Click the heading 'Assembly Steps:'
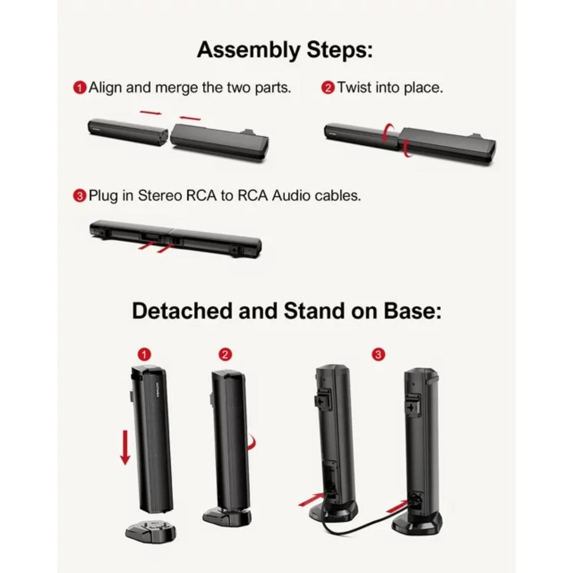point(285,50)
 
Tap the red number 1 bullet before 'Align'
point(79,88)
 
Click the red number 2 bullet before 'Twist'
point(328,88)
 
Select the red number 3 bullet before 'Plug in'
point(79,196)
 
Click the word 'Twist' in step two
point(354,87)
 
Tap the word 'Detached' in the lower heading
point(182,311)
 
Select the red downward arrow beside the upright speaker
point(125,447)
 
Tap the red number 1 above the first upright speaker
point(144,355)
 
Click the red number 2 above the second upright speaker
point(225,355)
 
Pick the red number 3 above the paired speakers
point(378,355)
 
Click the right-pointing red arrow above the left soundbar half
point(151,112)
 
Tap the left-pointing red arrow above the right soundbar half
point(190,118)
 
